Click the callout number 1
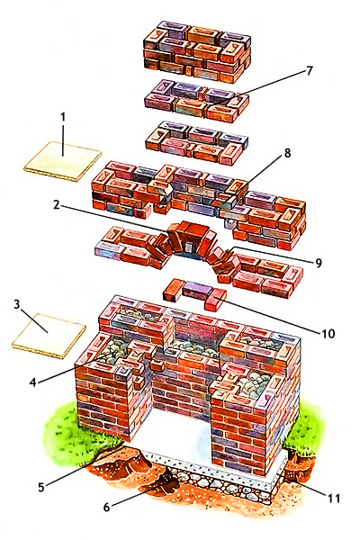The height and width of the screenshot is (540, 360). (x=63, y=117)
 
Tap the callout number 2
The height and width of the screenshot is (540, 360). (x=57, y=204)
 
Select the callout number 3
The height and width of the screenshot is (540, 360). (x=17, y=305)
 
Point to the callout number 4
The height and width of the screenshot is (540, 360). (x=33, y=382)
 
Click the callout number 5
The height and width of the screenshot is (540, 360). (x=41, y=487)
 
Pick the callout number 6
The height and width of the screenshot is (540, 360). (x=106, y=507)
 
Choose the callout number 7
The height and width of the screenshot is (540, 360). (x=309, y=70)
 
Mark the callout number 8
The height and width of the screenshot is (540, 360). (x=287, y=153)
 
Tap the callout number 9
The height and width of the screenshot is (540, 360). (x=318, y=263)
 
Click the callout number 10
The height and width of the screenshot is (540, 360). (x=328, y=333)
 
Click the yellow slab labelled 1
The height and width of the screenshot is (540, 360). (x=63, y=161)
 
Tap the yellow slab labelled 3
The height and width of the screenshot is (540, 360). (x=49, y=336)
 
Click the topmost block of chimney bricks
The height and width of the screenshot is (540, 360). (x=197, y=51)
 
